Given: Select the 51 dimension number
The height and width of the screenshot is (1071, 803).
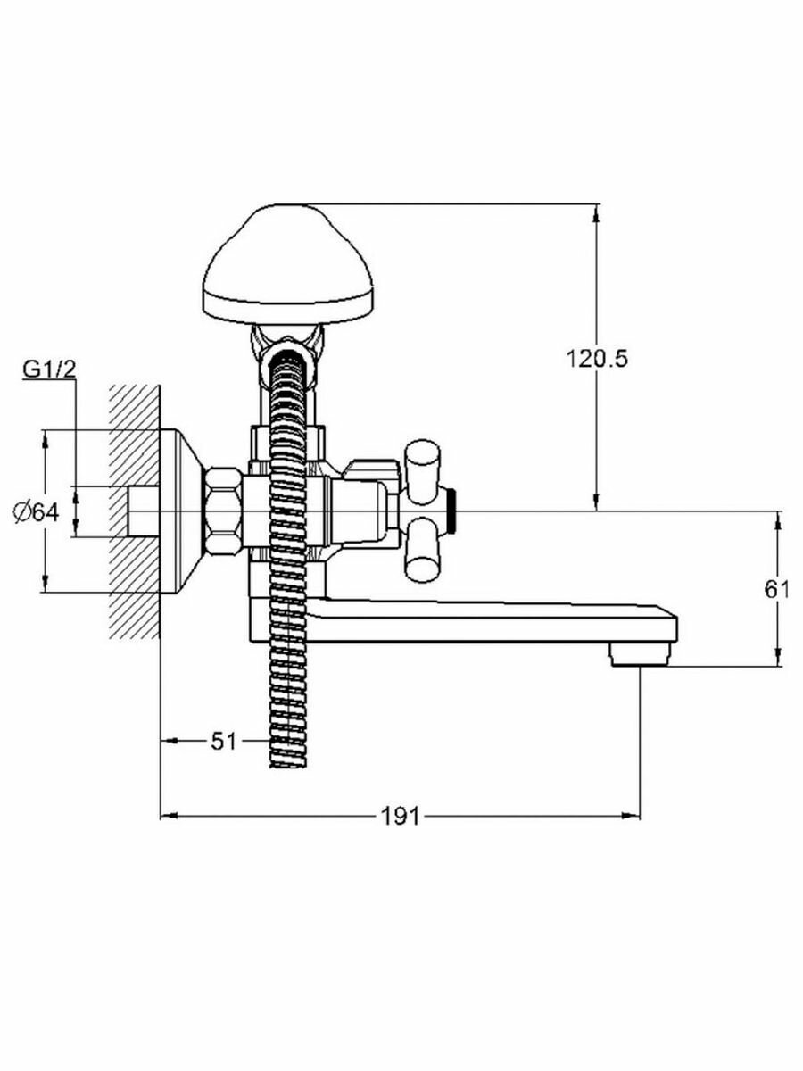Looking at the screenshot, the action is coord(224,740).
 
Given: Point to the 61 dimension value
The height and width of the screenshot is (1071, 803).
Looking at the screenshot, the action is coord(778,589).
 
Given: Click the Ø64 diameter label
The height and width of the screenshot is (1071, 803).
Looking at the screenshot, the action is coord(37,511).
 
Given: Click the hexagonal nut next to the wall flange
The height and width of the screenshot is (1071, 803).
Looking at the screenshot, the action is coord(223,510).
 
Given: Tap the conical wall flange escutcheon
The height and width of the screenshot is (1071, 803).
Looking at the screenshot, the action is coord(183,510).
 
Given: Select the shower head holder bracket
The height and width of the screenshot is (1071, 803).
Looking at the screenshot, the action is coord(286,344).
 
